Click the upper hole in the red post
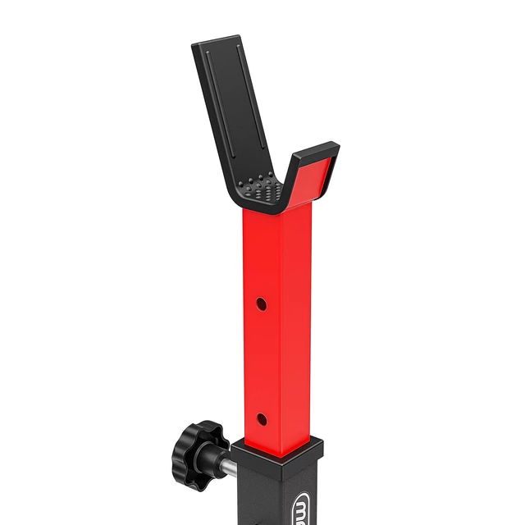[x=261, y=304]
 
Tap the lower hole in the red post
[x=261, y=420]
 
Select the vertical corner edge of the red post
[x=281, y=328]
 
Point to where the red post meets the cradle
[x=271, y=210]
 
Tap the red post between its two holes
[x=261, y=361]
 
